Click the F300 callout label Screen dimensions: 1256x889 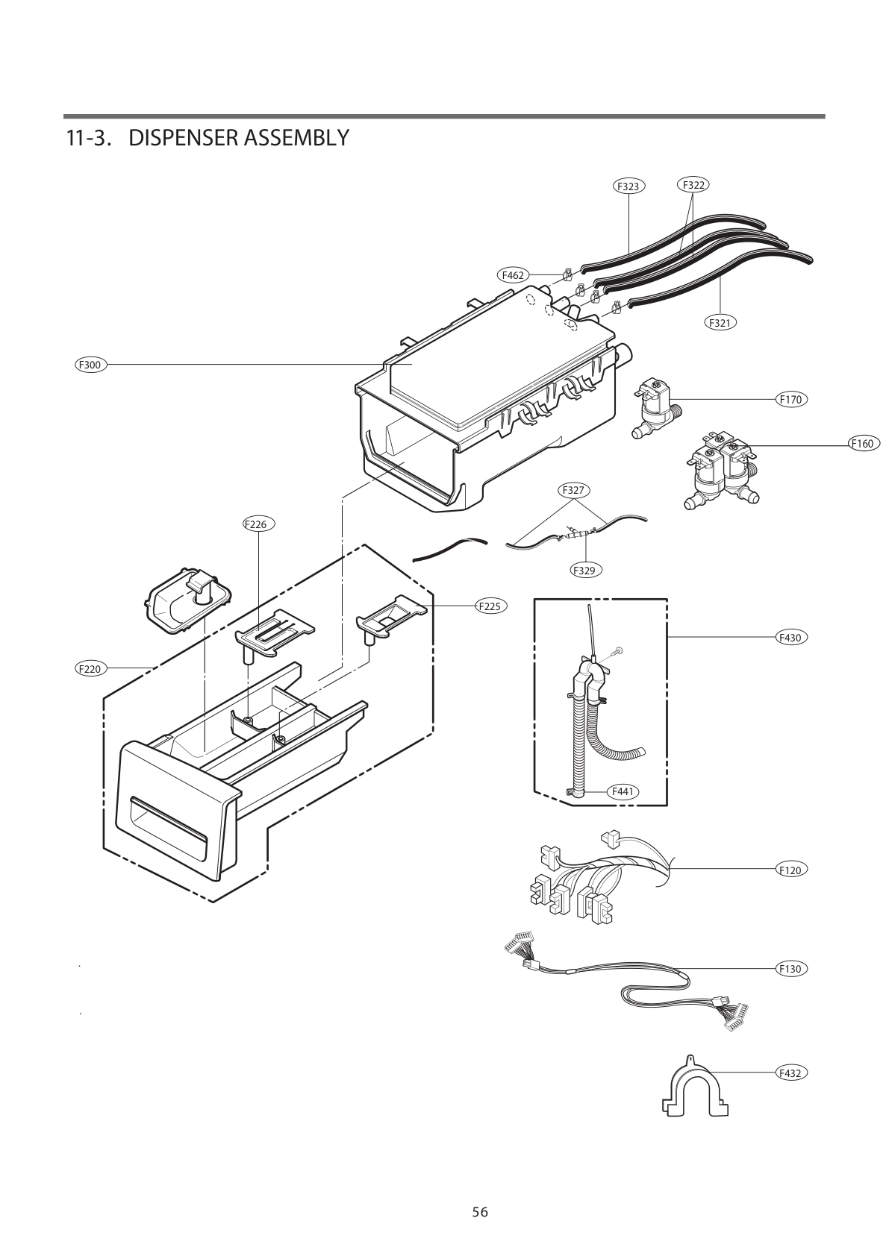point(91,365)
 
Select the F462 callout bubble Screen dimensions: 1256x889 point(513,275)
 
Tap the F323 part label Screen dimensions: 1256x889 point(628,186)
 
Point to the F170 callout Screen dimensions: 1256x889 point(790,400)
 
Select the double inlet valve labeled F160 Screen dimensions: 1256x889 point(721,474)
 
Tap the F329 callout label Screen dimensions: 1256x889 point(585,570)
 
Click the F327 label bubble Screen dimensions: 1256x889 point(573,490)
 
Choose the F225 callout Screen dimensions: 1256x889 point(490,606)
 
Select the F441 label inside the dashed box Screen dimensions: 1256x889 point(623,791)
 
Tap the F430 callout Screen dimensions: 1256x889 point(790,638)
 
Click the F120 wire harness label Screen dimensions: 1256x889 point(790,870)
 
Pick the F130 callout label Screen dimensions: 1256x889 point(790,969)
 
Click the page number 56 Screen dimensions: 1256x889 point(480,1212)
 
